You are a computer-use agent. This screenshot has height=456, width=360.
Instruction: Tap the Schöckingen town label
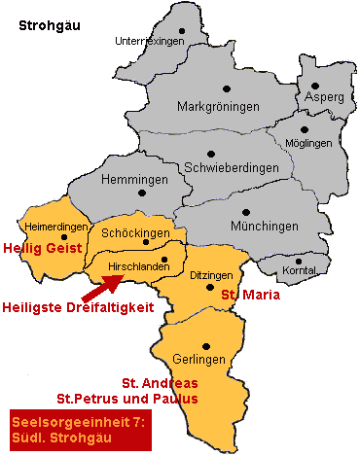coord(137,234)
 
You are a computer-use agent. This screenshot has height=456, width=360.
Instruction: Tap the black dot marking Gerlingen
coord(205,345)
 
